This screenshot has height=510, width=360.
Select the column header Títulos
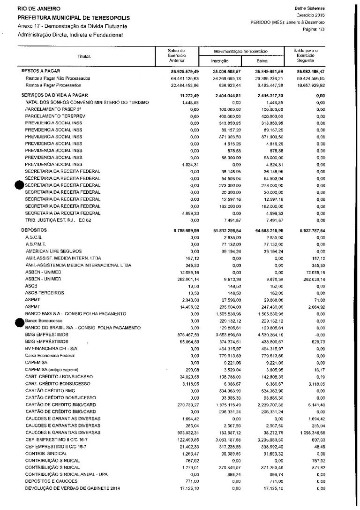(x=84, y=56)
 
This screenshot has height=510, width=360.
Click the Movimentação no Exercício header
(x=240, y=51)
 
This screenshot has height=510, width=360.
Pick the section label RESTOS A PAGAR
(x=39, y=71)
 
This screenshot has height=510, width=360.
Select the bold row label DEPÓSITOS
(x=34, y=230)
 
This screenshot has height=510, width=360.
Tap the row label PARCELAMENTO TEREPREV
(x=52, y=115)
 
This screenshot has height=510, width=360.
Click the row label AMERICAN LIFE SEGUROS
(x=54, y=251)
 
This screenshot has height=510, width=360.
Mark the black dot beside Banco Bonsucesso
(x=19, y=321)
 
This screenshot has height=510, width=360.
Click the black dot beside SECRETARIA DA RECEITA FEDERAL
(x=19, y=185)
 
